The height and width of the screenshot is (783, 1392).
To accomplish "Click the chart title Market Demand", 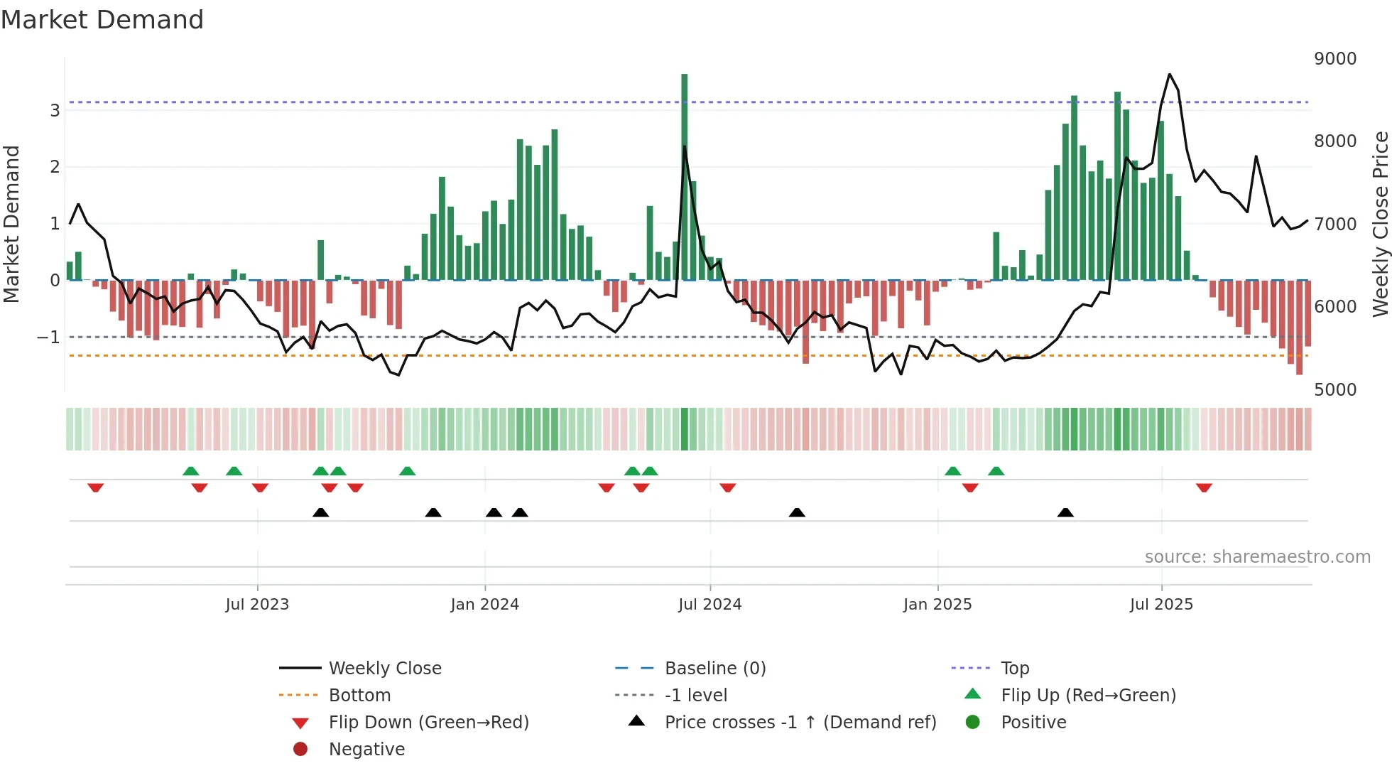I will [x=102, y=20].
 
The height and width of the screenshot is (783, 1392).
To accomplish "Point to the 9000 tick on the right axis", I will [x=1334, y=58].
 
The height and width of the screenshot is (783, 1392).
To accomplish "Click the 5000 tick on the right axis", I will [x=1334, y=389].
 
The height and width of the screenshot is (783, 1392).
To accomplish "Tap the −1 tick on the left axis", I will [x=49, y=337].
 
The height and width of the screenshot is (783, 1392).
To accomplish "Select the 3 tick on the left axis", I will [x=55, y=110].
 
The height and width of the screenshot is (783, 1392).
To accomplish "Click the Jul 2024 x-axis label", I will [x=709, y=604].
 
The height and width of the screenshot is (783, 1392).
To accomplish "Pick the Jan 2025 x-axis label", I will [x=937, y=604].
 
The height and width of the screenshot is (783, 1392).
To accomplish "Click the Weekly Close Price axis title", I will [x=1380, y=224].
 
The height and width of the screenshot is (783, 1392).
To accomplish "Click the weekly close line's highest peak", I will [x=1170, y=75].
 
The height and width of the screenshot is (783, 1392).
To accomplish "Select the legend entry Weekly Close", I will [x=384, y=668].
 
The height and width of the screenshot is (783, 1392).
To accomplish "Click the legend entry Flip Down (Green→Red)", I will [x=428, y=722].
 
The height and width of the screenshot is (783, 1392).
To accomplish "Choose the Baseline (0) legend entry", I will [x=714, y=668].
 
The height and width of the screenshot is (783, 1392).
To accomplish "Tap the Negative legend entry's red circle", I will [x=300, y=749].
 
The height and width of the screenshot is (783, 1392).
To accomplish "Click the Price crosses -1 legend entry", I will [x=800, y=722].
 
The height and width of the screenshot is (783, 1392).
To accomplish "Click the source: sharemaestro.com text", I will [x=1257, y=556].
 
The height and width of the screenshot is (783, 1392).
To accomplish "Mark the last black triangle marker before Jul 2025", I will [x=1065, y=512].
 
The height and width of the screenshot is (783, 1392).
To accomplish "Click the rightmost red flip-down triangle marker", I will [x=1204, y=487].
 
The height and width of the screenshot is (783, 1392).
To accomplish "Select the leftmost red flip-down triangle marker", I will [x=96, y=487].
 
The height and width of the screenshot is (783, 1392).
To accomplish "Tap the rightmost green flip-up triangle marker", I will [x=996, y=471].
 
